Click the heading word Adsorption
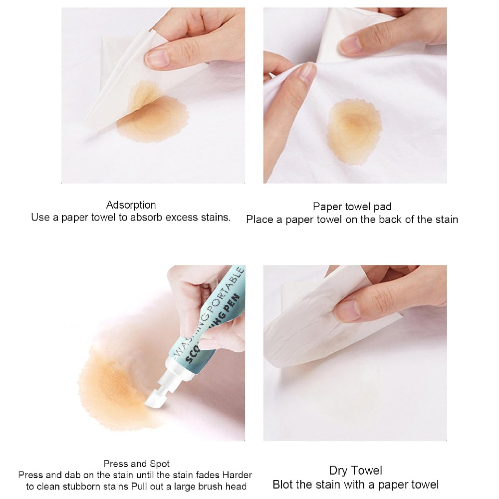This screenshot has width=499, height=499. pos(131,205)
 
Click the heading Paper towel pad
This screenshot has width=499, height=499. pos(352,207)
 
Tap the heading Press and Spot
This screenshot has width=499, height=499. pos(136,464)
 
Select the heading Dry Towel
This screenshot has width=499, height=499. pos(355,471)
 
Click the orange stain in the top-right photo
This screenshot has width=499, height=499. pos(355,131)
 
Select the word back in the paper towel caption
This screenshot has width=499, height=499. pos(396,219)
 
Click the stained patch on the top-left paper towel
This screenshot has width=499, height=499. pos(145,95)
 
